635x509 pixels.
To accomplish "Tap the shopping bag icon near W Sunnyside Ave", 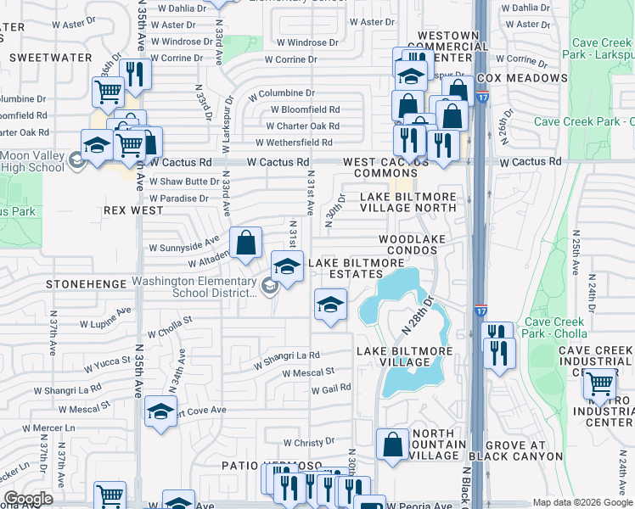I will [245, 243].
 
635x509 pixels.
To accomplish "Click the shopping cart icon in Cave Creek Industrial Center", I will [600, 384].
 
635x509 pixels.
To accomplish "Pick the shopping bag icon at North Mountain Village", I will [392, 445].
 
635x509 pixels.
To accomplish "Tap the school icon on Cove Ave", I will [160, 412].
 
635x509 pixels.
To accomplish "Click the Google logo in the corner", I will [28, 499].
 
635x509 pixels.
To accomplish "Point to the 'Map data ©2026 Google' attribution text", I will [582, 502].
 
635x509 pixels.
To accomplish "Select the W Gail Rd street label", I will [331, 389].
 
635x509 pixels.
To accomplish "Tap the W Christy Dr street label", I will [310, 443].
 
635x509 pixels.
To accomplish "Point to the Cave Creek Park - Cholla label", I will [556, 327].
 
